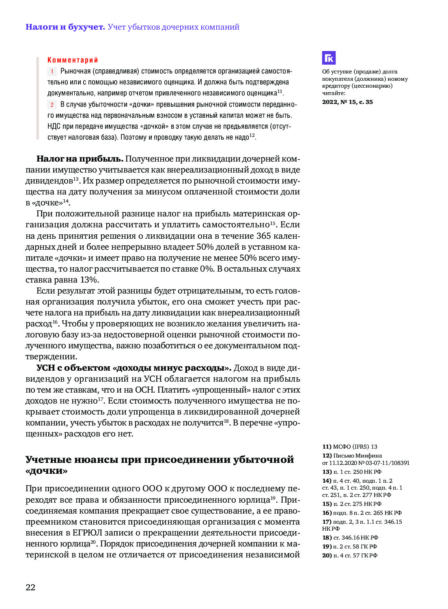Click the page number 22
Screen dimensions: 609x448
[x=30, y=587]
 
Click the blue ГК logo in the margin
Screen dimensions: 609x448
[x=329, y=58]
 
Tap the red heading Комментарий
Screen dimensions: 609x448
[x=73, y=60]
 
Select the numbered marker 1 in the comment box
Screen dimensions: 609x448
[x=52, y=71]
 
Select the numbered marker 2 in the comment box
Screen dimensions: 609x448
[x=52, y=105]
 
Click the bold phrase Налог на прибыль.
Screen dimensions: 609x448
[x=80, y=159]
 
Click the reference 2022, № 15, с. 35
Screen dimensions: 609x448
[x=347, y=102]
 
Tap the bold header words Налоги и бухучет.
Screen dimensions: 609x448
[x=65, y=27]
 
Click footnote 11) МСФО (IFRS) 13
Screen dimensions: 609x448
[x=350, y=447]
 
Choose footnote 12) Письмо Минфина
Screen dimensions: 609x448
[x=352, y=456]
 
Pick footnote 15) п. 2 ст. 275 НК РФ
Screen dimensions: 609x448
[x=352, y=504]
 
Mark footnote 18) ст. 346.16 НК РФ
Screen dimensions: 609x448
[x=350, y=538]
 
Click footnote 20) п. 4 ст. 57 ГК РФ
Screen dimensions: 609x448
[x=350, y=555]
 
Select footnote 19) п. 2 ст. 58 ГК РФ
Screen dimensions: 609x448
[x=350, y=546]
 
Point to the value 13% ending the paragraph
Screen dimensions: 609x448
[x=89, y=280]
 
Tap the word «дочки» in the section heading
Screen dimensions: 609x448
[x=46, y=471]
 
